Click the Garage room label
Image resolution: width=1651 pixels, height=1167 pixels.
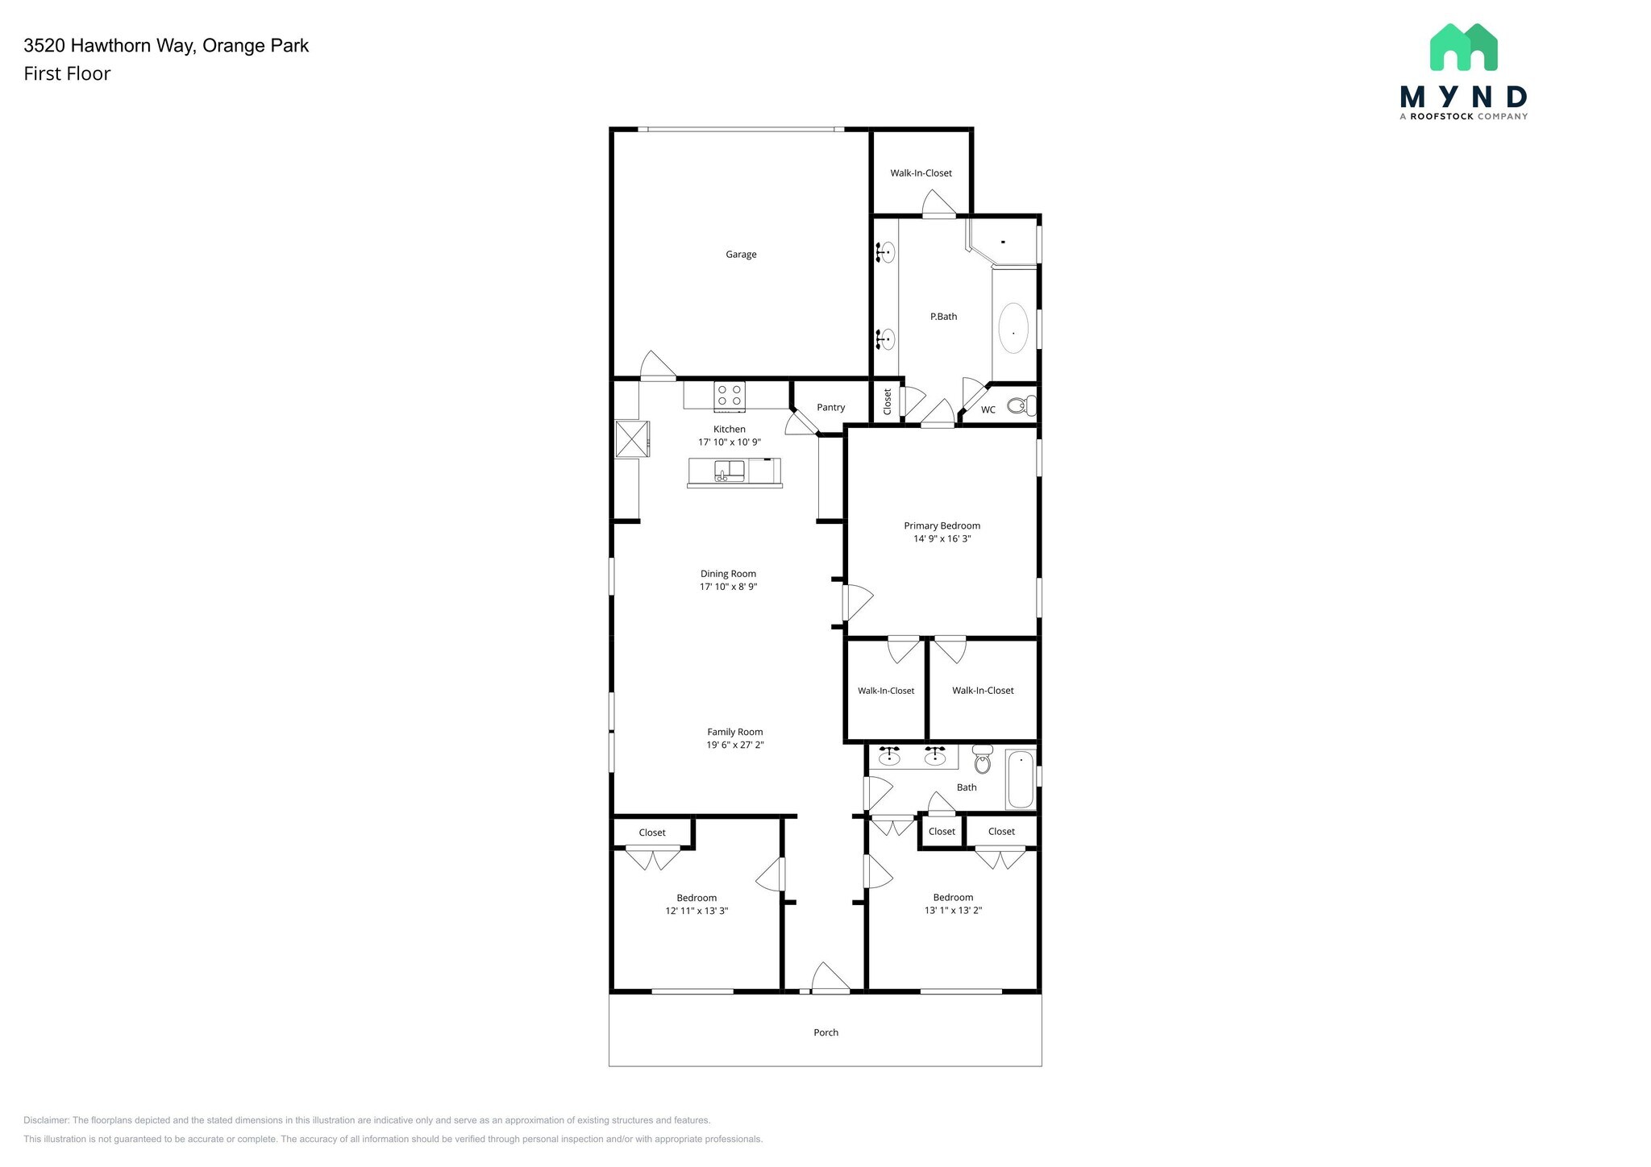pos(740,255)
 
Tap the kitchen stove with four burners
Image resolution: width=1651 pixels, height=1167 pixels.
pos(729,396)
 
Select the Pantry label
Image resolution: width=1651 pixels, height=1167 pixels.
pos(830,407)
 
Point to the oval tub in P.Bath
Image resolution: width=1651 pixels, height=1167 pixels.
pos(1013,328)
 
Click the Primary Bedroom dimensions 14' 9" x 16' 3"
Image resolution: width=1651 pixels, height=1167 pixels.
pos(942,539)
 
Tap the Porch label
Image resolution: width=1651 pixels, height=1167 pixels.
pos(825,1032)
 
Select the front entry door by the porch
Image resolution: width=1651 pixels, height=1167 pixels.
pos(830,980)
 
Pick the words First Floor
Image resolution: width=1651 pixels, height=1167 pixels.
pos(67,74)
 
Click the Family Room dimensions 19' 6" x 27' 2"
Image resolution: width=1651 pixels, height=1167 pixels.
pos(734,745)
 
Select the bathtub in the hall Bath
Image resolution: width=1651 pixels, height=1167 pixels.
pos(1021,779)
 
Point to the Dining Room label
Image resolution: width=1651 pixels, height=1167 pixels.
pos(728,574)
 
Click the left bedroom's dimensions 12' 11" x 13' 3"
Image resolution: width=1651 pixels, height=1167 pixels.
pos(697,911)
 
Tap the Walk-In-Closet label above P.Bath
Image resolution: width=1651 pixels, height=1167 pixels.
pos(921,173)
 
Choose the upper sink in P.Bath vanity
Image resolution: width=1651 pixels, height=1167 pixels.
pos(887,252)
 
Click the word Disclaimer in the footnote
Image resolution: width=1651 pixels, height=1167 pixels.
pos(46,1120)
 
